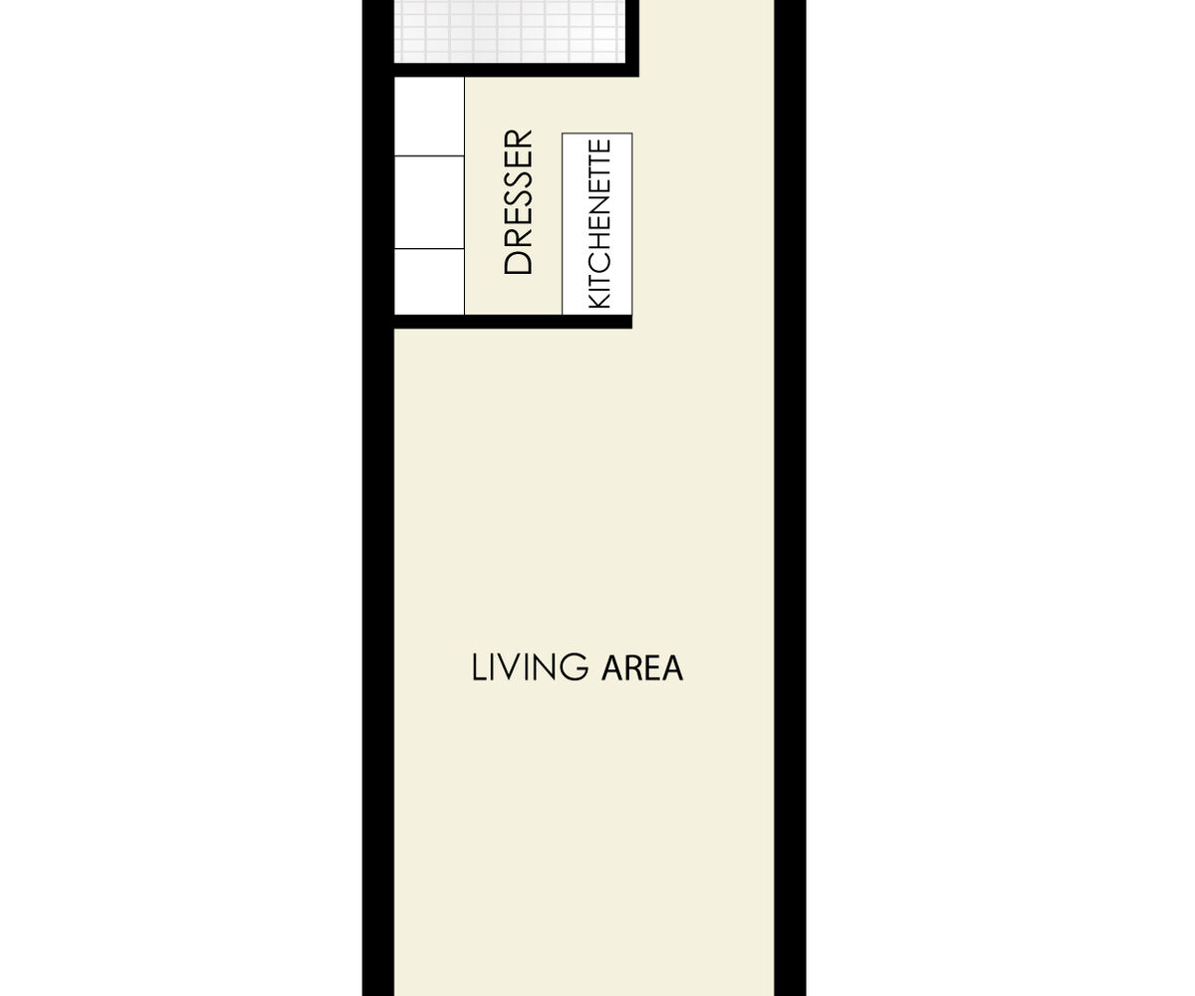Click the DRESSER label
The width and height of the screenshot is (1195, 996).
tap(518, 202)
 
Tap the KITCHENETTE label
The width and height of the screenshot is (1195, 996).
tap(599, 224)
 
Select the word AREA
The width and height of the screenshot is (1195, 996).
tap(642, 668)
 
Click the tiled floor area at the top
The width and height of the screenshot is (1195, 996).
tap(510, 31)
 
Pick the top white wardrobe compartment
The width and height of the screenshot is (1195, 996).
tap(429, 117)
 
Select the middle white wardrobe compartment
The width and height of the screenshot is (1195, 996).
tap(429, 202)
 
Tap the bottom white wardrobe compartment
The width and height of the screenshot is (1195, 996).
tap(429, 282)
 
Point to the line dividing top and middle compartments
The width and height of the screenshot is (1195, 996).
tap(429, 155)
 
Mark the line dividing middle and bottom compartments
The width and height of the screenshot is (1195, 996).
tap(429, 248)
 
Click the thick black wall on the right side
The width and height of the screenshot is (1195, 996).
tap(790, 498)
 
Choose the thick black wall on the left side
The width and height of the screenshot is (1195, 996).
tap(378, 498)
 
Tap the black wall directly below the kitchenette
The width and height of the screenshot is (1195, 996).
tap(514, 321)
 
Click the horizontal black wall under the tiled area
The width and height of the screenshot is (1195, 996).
tap(516, 70)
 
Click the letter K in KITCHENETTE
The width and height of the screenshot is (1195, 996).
tap(599, 301)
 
